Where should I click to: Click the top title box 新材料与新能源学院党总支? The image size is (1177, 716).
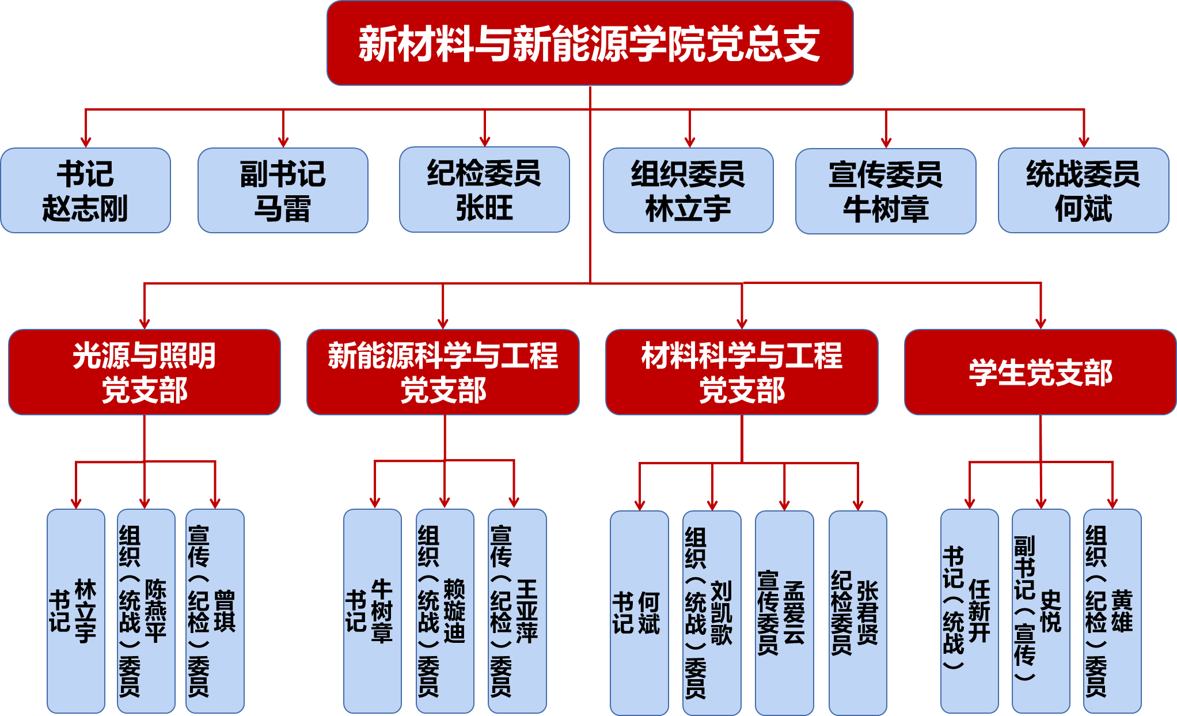pos(590,43)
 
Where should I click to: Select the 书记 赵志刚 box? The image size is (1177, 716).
pos(85,191)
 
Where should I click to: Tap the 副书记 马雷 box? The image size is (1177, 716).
pos(283,191)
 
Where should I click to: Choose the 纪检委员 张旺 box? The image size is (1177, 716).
pos(484,190)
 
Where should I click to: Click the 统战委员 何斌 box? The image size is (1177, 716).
pos(1083,191)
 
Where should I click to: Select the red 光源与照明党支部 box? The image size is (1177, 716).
pos(145,372)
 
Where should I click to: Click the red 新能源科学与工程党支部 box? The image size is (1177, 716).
pos(443,372)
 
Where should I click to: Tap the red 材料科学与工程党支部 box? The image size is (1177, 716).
pos(742,372)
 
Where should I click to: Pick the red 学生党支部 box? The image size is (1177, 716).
pos(1040,372)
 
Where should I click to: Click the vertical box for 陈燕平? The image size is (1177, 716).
pos(146,611)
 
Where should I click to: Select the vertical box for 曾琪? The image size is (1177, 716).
pos(215,611)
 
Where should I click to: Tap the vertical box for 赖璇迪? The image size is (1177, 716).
pos(445,611)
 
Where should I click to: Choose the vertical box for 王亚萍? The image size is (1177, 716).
pos(517,611)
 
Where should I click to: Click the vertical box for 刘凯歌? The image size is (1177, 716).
pos(712,612)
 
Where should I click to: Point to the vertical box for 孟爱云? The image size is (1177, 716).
pos(784,612)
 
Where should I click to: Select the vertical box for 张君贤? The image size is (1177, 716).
pos(857,612)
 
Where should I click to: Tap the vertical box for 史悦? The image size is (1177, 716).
pos(1041,611)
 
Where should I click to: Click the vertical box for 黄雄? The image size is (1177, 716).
pos(1112,611)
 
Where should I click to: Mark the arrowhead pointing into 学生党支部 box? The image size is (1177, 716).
pos(1041,323)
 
